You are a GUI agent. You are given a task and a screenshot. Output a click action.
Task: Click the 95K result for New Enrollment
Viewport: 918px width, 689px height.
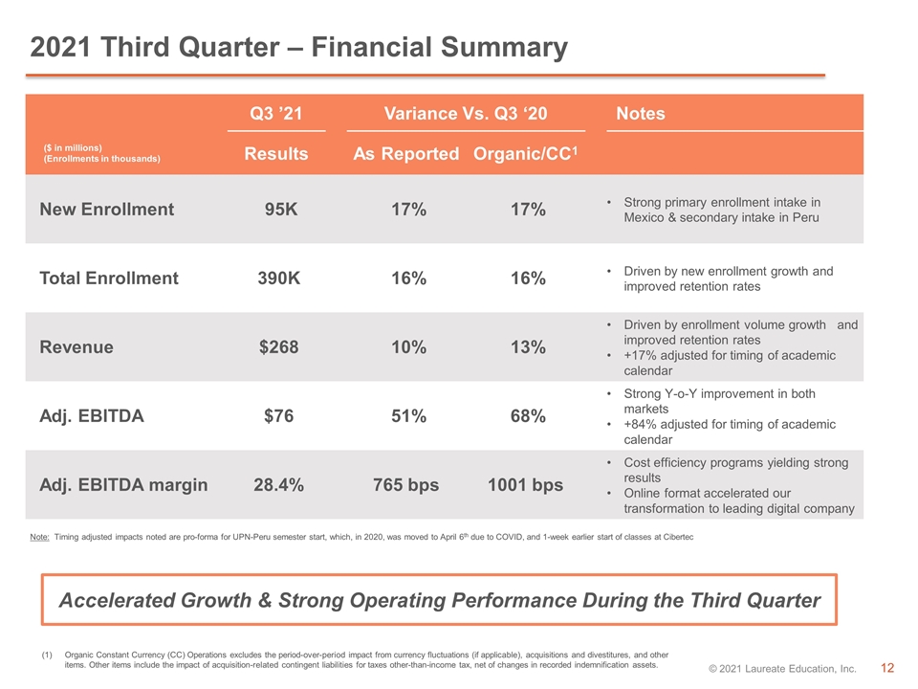tap(281, 210)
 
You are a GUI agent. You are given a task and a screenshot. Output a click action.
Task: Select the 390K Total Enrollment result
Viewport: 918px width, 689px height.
tap(278, 278)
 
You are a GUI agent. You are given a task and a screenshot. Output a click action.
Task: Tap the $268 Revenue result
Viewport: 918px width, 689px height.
tap(278, 346)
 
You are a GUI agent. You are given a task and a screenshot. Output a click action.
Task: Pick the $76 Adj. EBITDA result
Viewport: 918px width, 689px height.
tap(278, 416)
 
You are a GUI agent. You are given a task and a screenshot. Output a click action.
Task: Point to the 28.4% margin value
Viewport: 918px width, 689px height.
tap(278, 485)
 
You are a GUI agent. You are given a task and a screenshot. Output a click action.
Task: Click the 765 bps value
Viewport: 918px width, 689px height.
tap(405, 485)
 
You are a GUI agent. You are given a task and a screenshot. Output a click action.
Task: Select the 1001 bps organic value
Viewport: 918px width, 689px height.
tap(525, 485)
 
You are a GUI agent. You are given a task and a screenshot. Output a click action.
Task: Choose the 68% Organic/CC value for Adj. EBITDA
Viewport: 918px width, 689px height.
tap(528, 416)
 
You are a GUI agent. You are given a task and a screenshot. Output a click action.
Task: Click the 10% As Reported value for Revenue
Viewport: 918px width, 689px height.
tap(408, 346)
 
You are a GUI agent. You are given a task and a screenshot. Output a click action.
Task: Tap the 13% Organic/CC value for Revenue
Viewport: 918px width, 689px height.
tap(528, 346)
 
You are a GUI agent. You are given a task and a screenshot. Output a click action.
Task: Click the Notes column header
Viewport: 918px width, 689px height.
tap(641, 113)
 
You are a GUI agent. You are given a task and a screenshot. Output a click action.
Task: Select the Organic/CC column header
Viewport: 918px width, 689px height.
tap(525, 153)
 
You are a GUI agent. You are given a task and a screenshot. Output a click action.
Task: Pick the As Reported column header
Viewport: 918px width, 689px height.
tap(405, 153)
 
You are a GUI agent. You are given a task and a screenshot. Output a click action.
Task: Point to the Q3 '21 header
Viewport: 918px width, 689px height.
tap(275, 113)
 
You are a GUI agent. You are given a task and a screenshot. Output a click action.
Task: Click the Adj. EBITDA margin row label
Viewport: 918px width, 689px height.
tap(123, 485)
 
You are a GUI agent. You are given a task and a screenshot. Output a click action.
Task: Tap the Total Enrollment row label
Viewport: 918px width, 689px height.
tap(109, 278)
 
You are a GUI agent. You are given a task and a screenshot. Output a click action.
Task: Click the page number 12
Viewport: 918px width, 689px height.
tap(887, 668)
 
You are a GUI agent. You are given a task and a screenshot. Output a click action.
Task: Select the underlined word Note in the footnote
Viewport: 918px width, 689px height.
tap(40, 537)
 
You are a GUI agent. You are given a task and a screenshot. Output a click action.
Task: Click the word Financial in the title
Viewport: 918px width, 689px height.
tap(371, 47)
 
